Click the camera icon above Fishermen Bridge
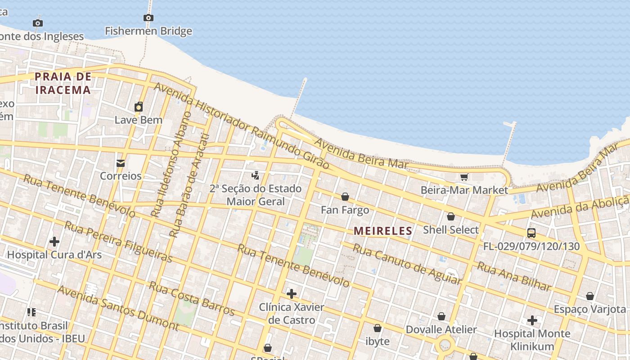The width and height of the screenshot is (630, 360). pyautogui.click(x=148, y=18)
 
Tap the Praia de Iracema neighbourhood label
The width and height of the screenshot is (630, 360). pyautogui.click(x=63, y=83)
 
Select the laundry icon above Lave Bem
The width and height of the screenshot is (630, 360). pyautogui.click(x=139, y=107)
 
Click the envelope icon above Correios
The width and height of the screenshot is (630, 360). pyautogui.click(x=121, y=163)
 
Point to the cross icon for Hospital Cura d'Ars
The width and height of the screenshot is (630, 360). pyautogui.click(x=54, y=242)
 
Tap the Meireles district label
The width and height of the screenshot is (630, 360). pyautogui.click(x=383, y=231)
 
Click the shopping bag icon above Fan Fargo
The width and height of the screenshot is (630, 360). pyautogui.click(x=345, y=197)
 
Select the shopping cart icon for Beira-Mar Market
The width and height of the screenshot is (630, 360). pyautogui.click(x=464, y=177)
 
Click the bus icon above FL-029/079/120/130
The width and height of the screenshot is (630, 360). pyautogui.click(x=531, y=233)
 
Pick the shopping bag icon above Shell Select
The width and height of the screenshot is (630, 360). pyautogui.click(x=451, y=217)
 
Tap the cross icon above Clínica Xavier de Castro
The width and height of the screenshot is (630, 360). pyautogui.click(x=292, y=294)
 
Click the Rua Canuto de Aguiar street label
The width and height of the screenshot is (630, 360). pyautogui.click(x=407, y=265)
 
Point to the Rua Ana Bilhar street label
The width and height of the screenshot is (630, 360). pyautogui.click(x=514, y=277)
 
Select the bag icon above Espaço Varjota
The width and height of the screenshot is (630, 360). pyautogui.click(x=590, y=296)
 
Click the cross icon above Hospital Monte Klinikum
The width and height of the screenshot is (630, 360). pyautogui.click(x=532, y=320)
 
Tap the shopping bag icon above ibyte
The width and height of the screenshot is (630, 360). pyautogui.click(x=378, y=328)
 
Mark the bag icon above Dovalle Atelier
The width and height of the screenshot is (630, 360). pyautogui.click(x=441, y=316)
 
